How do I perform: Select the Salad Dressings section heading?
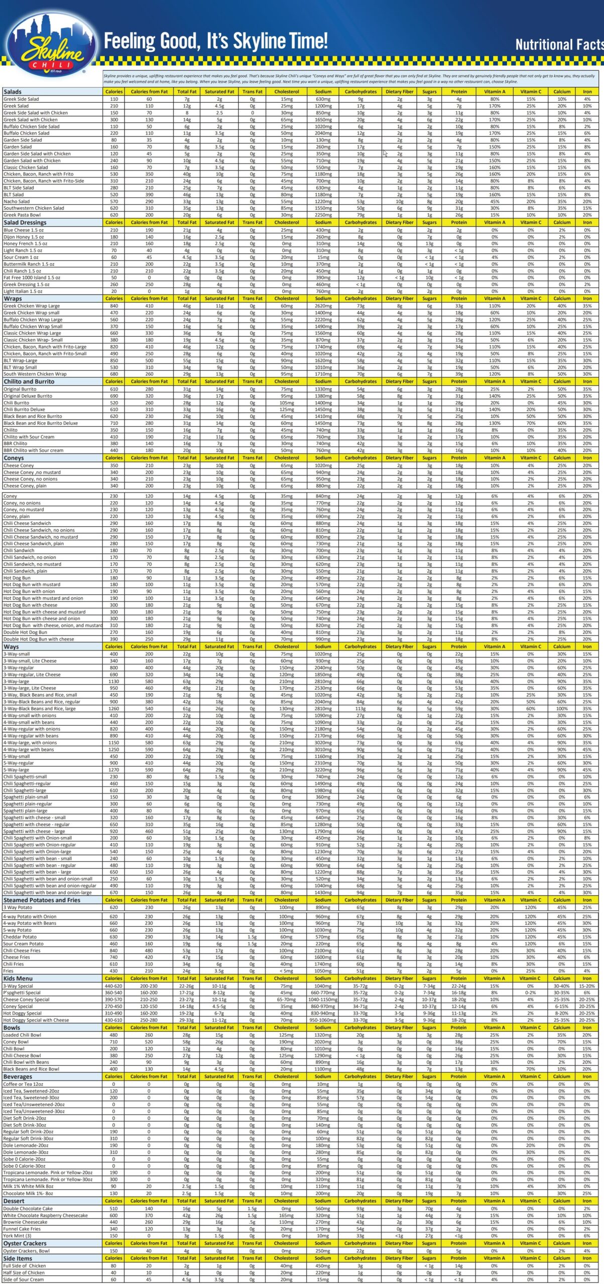point(25,223)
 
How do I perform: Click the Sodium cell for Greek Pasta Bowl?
point(323,215)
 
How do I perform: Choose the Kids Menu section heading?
point(18,978)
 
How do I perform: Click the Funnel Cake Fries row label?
point(22,1229)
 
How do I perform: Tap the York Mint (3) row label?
point(17,1235)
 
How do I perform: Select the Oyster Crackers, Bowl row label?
point(27,1251)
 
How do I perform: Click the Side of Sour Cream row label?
point(24,1279)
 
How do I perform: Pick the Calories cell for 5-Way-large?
point(113,770)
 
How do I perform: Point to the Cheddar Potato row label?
point(20,936)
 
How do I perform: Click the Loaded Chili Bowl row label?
point(22,1035)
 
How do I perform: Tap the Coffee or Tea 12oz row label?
point(23,1084)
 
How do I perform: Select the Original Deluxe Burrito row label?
point(28,396)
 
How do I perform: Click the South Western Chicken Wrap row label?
point(35,374)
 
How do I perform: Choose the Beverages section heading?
point(18,1076)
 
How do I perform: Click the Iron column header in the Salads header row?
point(587,92)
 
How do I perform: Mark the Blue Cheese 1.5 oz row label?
point(24,230)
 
